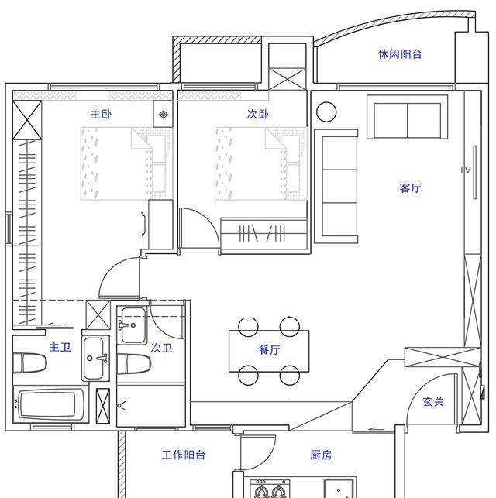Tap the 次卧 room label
point(258,114)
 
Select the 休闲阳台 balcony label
point(400,54)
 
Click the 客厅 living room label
point(410,188)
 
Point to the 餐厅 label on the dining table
point(269,350)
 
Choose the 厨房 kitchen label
point(321,455)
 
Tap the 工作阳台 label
point(184,455)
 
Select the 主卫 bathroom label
point(60,347)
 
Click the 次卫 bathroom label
point(161,349)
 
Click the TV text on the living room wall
point(465,170)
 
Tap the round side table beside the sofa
point(326,112)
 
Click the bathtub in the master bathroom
point(50,406)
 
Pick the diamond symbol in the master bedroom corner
point(164,115)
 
